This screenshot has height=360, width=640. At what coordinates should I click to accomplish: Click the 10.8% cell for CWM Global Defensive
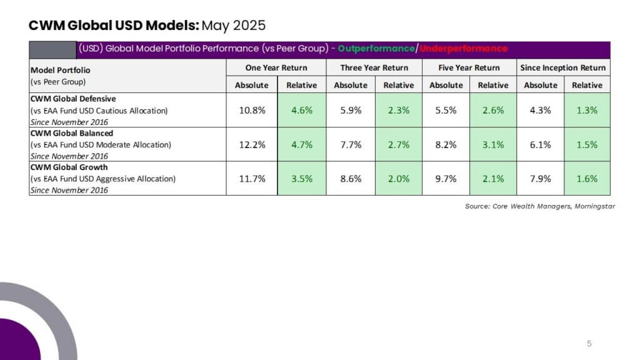[x=252, y=110]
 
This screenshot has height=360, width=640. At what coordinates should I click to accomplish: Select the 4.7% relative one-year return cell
[x=302, y=144]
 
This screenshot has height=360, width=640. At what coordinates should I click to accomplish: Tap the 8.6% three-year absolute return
[x=351, y=178]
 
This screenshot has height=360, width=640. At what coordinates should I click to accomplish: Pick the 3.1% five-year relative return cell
[x=493, y=144]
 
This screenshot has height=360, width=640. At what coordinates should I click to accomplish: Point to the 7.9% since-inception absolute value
[x=541, y=178]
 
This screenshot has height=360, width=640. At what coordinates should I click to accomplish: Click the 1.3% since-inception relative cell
[x=587, y=110]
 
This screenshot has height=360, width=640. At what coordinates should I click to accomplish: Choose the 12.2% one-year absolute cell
[x=252, y=144]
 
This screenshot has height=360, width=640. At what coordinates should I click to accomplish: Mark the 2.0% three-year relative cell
[x=398, y=178]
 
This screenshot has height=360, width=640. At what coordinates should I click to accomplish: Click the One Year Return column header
[x=276, y=67]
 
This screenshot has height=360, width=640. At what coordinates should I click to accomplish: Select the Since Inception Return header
[x=563, y=67]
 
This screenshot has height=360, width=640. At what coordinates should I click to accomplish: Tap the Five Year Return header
[x=469, y=67]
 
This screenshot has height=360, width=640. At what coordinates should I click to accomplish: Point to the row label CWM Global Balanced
[x=72, y=133]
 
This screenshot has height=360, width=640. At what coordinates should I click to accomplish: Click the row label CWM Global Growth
[x=69, y=167]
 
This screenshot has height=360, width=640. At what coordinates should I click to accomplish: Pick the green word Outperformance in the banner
[x=376, y=49]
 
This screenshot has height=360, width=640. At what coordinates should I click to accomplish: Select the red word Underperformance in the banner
[x=463, y=49]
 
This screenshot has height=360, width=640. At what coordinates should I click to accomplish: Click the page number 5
[x=589, y=344]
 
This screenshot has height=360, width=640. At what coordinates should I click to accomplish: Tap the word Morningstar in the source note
[x=595, y=206]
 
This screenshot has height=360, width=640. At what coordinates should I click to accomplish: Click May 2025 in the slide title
[x=234, y=25]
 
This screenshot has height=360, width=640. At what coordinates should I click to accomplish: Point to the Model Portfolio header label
[x=61, y=70]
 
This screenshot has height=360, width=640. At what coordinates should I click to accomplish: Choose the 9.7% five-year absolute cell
[x=446, y=178]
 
